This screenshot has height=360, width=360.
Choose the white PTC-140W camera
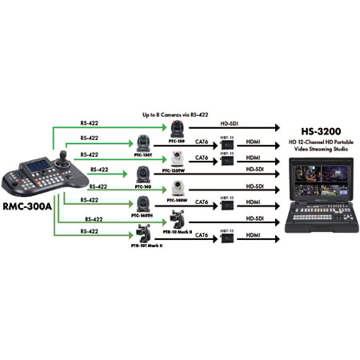click(177, 189)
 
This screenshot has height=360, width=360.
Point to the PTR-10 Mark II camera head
click(177, 218)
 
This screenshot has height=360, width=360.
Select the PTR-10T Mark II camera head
click(145, 234)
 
